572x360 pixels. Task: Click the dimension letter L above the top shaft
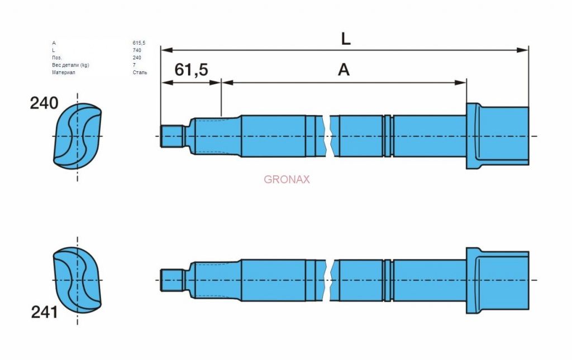point(345,39)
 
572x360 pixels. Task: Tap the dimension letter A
point(344,70)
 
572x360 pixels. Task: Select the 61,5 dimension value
point(191,70)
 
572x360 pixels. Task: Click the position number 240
point(44,103)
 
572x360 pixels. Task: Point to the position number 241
point(45,312)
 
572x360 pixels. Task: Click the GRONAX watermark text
point(287,179)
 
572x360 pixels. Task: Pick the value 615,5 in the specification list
point(139,43)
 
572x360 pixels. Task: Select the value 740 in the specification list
point(137,50)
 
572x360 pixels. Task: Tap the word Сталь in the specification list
point(140,73)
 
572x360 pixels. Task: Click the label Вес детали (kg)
point(70,65)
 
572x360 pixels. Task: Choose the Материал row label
point(64,73)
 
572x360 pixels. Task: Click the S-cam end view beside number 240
point(77,136)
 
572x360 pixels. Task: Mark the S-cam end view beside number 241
point(77,280)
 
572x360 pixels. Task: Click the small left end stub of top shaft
point(172,136)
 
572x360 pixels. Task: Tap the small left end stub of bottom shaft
point(172,280)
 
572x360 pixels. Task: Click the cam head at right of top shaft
point(498,136)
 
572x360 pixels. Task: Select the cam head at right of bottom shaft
point(498,280)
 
